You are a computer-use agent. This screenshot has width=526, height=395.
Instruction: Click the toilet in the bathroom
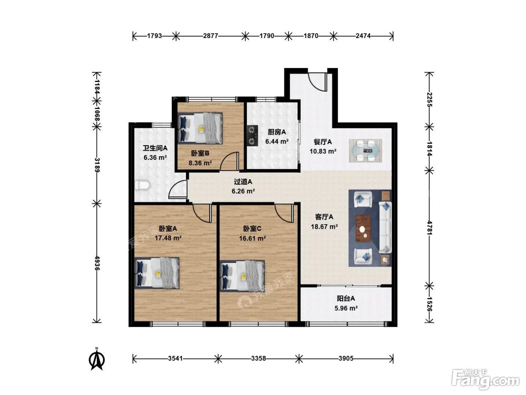point(142,185)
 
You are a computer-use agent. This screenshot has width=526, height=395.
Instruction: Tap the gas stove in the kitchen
point(252,135)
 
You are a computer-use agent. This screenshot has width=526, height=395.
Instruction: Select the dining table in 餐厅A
point(365,150)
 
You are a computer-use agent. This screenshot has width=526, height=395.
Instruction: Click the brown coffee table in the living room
point(363,228)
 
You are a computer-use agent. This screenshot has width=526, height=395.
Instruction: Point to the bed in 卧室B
point(200,128)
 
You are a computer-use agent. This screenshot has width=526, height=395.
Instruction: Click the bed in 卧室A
point(157,273)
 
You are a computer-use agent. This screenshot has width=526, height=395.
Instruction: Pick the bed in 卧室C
point(242,276)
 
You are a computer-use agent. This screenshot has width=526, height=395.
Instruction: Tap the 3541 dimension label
point(175,359)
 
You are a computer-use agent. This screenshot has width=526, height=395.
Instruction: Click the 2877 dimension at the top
point(210,36)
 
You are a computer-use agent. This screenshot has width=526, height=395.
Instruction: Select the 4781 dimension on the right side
point(429,228)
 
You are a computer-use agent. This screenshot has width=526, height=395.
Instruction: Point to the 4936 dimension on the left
point(97,263)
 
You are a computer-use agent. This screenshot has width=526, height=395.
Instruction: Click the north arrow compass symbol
point(97,359)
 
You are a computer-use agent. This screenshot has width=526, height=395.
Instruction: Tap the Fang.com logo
point(485,380)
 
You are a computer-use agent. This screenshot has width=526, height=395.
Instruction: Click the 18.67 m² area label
point(324,226)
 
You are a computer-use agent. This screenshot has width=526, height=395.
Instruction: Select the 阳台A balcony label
point(346,299)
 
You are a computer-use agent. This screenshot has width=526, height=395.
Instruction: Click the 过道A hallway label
point(243,182)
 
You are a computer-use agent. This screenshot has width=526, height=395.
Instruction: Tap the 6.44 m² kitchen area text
point(277,141)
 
